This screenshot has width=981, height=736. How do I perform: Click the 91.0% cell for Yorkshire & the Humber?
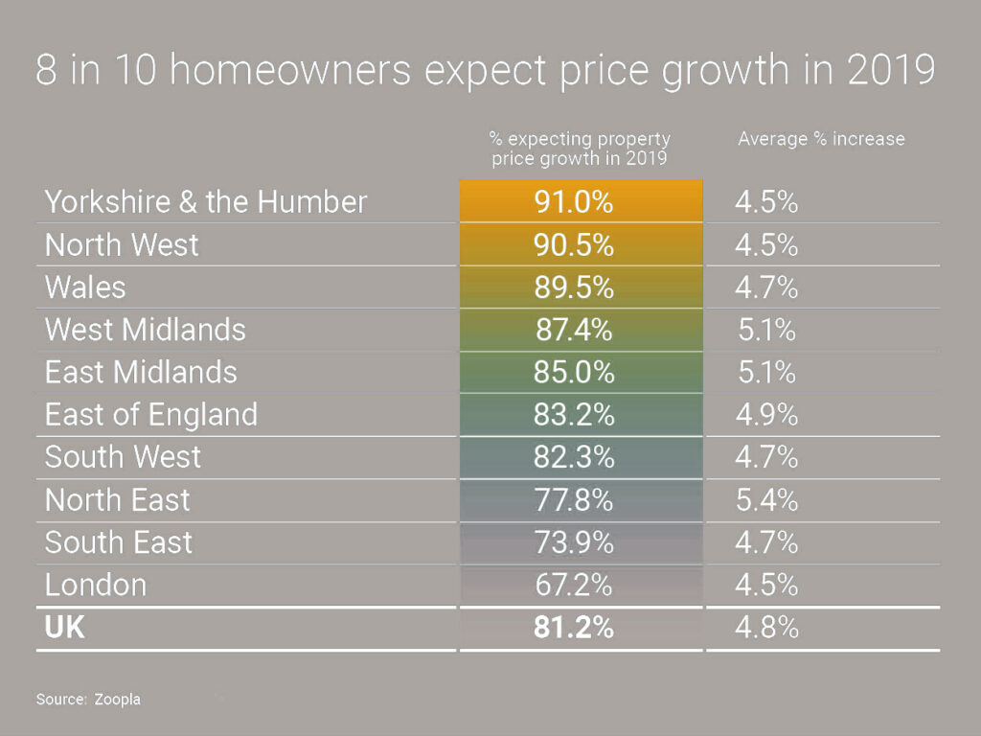(x=573, y=202)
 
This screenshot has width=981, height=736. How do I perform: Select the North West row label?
(x=122, y=244)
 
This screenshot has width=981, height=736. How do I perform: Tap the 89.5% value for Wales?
(x=573, y=287)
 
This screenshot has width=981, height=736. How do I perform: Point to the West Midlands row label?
(x=145, y=330)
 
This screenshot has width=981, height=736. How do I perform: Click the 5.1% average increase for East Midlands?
(x=766, y=372)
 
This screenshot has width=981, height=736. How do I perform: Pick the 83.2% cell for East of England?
(x=573, y=414)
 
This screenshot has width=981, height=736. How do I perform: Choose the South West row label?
(x=123, y=456)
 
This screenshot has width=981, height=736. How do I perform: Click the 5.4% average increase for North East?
(x=766, y=499)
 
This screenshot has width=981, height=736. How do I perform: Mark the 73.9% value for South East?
(x=573, y=541)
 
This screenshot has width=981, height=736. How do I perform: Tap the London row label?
(x=96, y=585)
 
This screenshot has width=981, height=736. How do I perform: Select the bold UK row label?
(x=65, y=629)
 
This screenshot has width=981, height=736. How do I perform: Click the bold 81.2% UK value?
(x=573, y=629)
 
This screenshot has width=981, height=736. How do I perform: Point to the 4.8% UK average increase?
(x=766, y=629)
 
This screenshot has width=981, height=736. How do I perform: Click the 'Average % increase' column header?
(x=821, y=139)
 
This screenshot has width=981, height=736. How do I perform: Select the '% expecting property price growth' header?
(x=580, y=149)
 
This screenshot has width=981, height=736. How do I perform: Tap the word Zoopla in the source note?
(x=117, y=700)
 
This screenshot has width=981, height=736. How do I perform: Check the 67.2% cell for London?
(x=573, y=585)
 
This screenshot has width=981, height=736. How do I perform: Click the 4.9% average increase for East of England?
(x=766, y=414)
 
